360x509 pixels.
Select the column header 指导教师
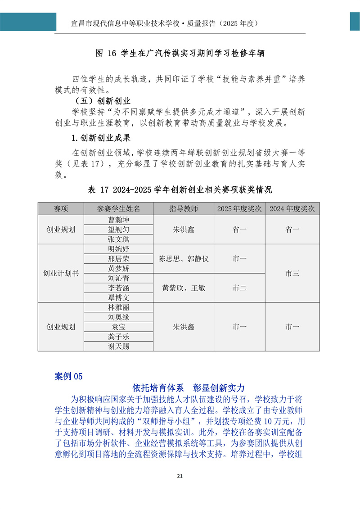184,209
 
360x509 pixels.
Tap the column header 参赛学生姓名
118,209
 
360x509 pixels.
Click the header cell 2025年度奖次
239,209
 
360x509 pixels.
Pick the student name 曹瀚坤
118,220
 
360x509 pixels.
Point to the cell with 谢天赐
118,346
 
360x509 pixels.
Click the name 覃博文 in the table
118,298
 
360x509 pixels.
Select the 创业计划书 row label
61,273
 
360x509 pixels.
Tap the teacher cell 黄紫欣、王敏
184,288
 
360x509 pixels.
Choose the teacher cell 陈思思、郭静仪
184,259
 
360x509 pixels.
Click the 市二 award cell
239,288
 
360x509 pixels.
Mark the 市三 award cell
292,273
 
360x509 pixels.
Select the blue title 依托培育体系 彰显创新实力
189,387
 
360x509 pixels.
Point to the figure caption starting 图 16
180,54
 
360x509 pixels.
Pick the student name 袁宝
118,327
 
